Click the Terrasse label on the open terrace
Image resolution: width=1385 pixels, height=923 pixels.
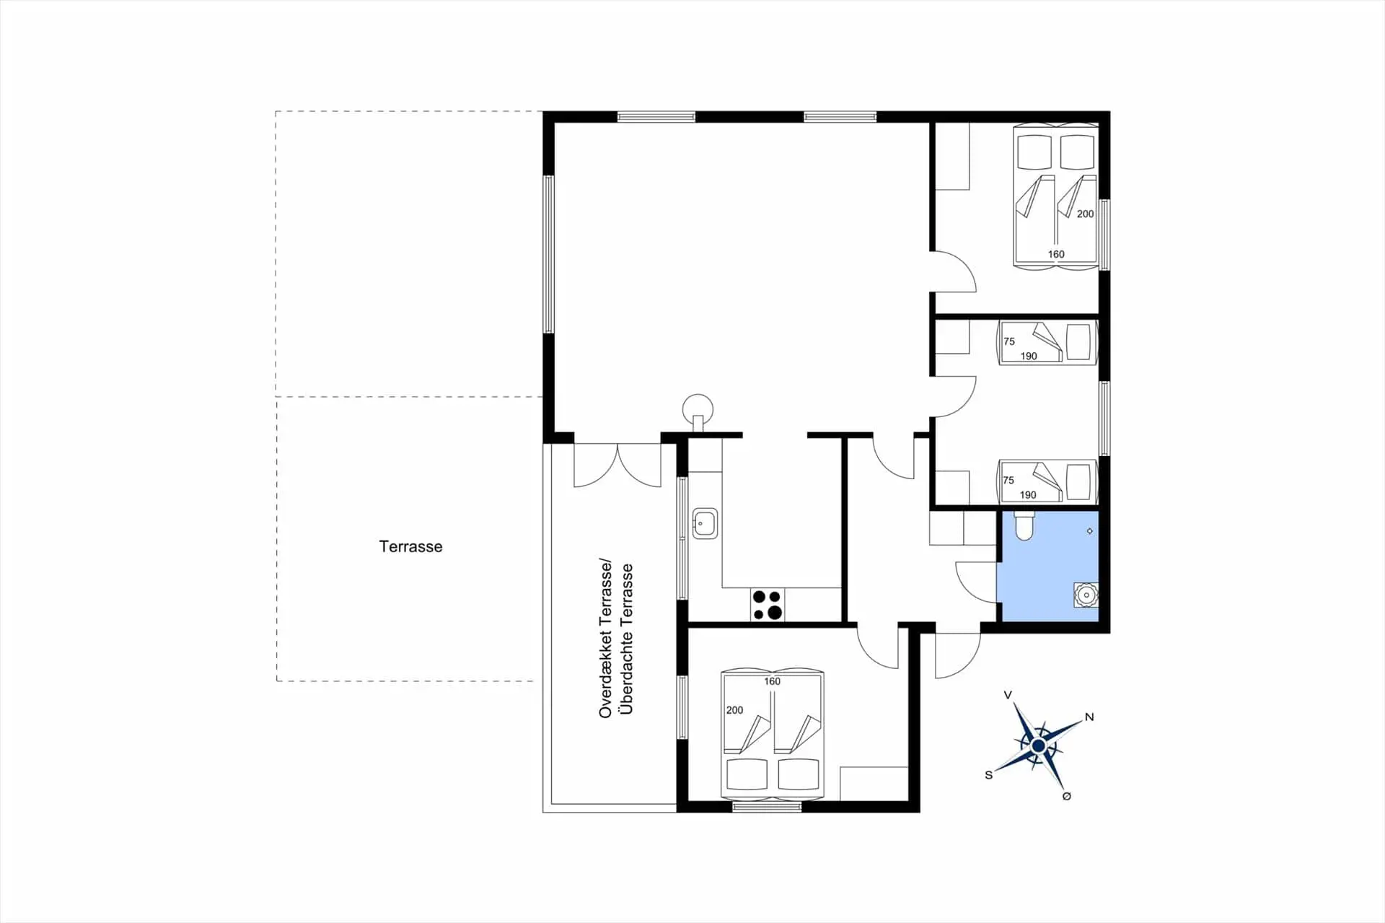[410, 546]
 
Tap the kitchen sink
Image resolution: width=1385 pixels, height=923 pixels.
[705, 523]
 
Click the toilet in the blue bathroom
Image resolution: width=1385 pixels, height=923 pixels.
[1024, 525]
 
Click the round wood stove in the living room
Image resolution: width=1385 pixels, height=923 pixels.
[698, 411]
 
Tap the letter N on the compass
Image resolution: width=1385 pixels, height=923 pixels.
[1089, 717]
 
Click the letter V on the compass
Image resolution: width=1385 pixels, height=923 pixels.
[1008, 695]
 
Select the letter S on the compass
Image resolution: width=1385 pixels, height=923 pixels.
[988, 775]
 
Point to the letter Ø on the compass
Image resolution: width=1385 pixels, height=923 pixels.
[1067, 796]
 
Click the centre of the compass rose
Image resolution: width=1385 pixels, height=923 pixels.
[1038, 745]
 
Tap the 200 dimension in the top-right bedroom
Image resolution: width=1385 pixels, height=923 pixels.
[1085, 214]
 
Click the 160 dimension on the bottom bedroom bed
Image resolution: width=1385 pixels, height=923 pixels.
[772, 681]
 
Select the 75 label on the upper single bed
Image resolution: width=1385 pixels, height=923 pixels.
[1009, 341]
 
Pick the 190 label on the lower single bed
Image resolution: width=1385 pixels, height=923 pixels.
[1028, 495]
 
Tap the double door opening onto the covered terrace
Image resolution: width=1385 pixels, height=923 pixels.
[617, 465]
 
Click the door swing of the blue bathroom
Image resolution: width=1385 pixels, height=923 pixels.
[976, 582]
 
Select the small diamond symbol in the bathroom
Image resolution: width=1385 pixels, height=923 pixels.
[1089, 531]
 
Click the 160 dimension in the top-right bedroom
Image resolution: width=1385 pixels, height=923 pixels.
[1056, 254]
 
